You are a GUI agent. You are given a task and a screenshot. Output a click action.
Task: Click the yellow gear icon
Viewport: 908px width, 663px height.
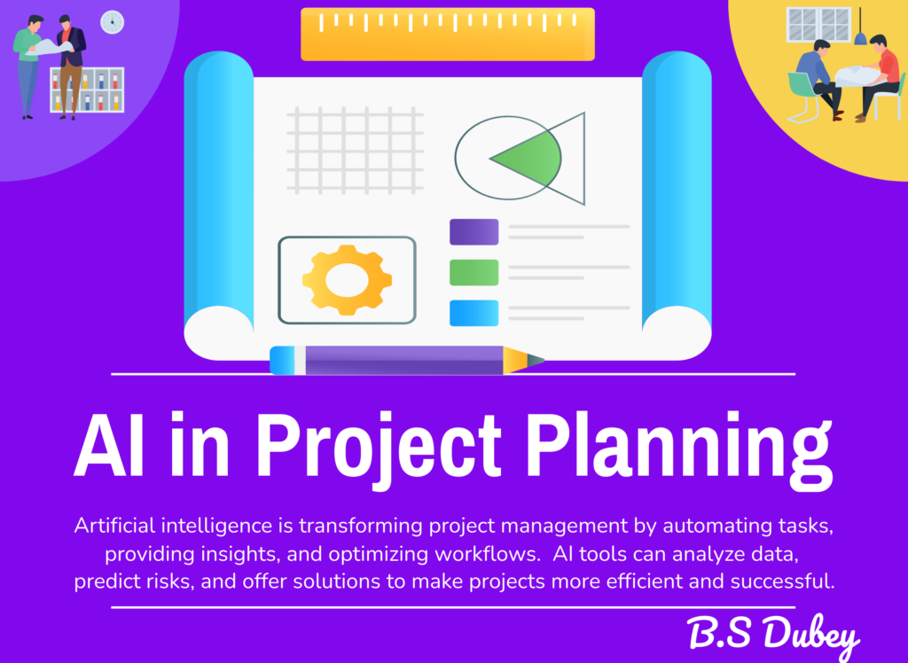[x=347, y=280]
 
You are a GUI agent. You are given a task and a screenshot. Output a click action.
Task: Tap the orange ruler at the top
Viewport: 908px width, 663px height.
[x=447, y=35]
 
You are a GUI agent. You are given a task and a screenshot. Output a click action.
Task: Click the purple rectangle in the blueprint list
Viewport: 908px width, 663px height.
[x=474, y=232]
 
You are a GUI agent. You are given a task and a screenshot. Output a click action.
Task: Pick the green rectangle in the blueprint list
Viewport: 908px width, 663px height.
[x=474, y=272]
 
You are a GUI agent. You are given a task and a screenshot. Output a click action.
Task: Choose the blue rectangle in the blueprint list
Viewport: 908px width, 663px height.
[x=474, y=313]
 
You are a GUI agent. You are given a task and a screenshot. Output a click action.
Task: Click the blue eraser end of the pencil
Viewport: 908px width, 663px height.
[x=282, y=360]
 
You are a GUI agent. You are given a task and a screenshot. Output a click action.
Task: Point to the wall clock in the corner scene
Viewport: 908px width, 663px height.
[x=112, y=22]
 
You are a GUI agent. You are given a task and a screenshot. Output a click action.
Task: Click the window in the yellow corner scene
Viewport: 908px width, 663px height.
[x=818, y=25]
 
